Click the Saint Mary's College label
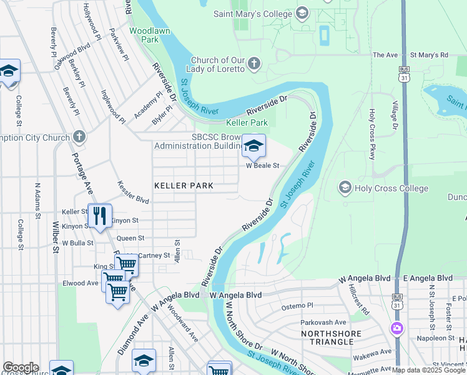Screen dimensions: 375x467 [253, 14]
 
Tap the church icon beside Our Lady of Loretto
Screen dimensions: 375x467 [254, 62]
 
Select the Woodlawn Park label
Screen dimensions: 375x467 [144, 34]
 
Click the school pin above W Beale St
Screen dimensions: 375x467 [253, 147]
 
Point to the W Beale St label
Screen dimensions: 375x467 [262, 166]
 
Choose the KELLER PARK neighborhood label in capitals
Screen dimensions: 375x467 [184, 186]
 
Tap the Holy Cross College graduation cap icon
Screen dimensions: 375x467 [345, 187]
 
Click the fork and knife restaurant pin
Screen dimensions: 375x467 [99, 216]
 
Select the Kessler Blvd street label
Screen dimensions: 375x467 [133, 192]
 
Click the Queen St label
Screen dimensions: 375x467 [130, 238]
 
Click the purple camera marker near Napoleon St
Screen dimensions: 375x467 [396, 328]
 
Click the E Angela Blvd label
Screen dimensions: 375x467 [428, 277]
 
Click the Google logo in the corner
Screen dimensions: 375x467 [20, 367]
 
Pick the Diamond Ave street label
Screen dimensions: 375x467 [134, 325]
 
